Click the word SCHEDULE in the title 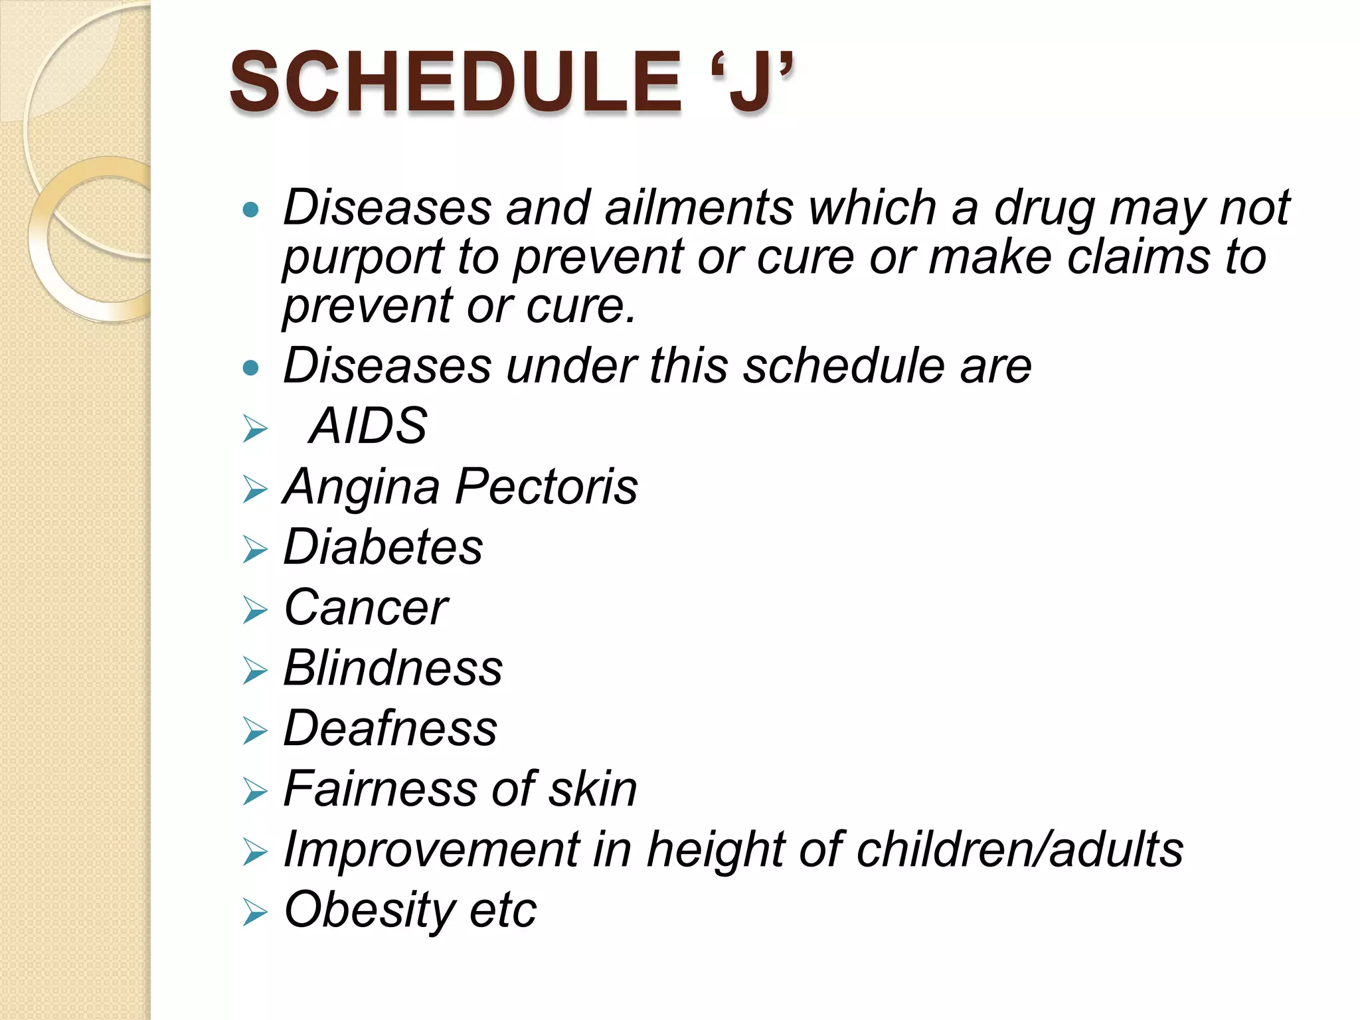[x=456, y=82]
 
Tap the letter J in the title [x=751, y=82]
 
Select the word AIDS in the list [x=369, y=426]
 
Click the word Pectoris [x=546, y=487]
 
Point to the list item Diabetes [x=383, y=547]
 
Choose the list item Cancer [x=366, y=608]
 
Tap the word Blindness [x=393, y=668]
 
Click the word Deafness [x=390, y=728]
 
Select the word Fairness [x=379, y=789]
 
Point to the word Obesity [x=369, y=910]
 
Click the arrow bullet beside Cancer [x=255, y=610]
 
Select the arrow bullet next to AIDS [x=255, y=428]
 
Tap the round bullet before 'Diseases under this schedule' [x=250, y=367]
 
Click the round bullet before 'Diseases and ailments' [x=250, y=211]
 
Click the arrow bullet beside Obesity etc [x=255, y=912]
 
